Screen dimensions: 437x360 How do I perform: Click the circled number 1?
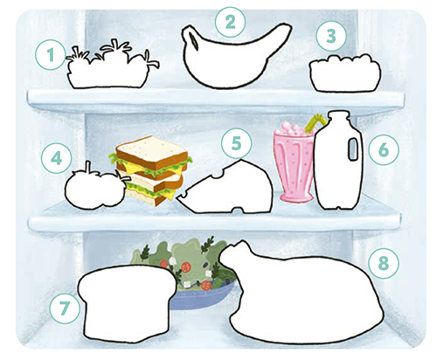51,55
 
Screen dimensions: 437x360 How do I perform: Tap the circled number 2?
230,22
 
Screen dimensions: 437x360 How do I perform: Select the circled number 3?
331,36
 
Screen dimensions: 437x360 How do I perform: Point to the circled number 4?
56,158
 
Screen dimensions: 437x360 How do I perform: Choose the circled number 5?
236,143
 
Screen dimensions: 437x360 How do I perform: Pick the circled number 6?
384,149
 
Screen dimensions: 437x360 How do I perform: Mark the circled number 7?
65,308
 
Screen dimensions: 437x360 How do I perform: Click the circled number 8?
384,263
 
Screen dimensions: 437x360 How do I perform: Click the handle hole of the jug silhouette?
353,149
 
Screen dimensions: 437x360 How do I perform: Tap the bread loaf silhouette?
127,303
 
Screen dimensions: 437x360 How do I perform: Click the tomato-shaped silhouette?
94,190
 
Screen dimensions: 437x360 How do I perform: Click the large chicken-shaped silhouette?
303,294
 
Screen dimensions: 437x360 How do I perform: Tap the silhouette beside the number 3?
345,73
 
